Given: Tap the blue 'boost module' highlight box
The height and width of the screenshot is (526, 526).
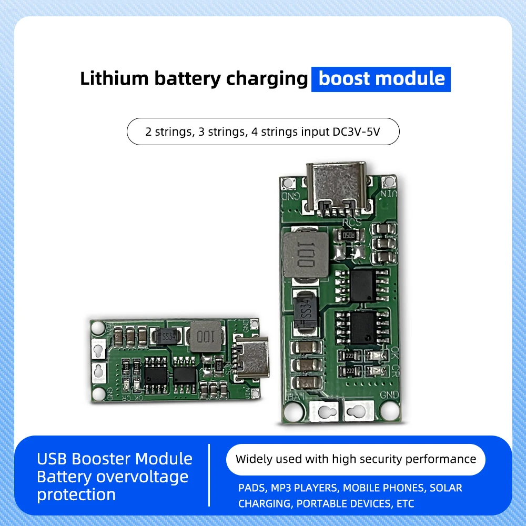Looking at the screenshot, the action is pyautogui.click(x=381, y=79).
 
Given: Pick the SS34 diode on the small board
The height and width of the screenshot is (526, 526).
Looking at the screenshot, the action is pyautogui.click(x=167, y=336).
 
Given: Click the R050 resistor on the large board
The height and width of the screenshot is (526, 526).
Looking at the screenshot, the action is pyautogui.click(x=349, y=235).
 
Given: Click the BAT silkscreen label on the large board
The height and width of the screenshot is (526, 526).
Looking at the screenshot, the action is pyautogui.click(x=292, y=396).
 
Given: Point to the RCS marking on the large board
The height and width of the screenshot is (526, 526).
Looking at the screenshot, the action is pyautogui.click(x=352, y=222).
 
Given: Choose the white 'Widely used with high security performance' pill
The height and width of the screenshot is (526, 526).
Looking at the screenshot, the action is pyautogui.click(x=356, y=459).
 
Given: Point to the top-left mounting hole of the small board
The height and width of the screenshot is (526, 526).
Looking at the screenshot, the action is pyautogui.click(x=97, y=327).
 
